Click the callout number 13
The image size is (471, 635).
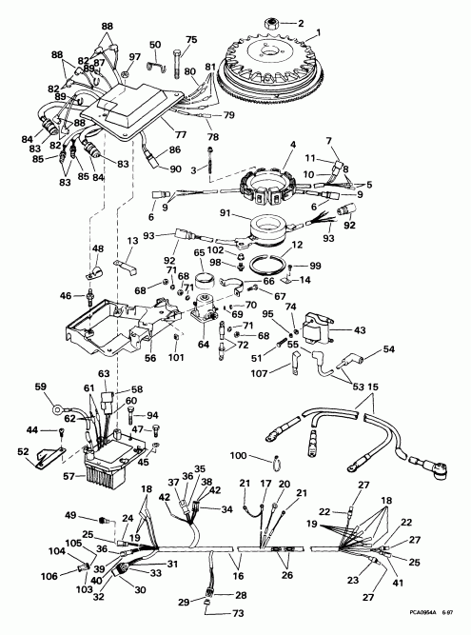point(133,241)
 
